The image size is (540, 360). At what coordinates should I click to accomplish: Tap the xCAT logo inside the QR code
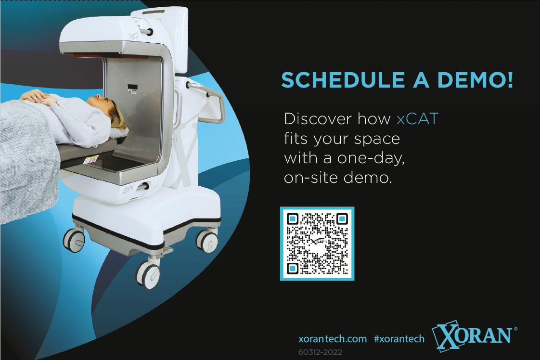click(x=318, y=243)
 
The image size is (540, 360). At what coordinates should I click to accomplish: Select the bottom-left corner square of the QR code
click(x=293, y=267)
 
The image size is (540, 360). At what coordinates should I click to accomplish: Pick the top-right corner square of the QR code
click(x=341, y=219)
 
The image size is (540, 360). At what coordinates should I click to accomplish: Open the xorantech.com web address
click(x=333, y=339)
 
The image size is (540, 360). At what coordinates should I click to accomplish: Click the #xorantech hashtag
click(x=399, y=339)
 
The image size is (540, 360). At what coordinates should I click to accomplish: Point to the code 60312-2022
click(x=320, y=352)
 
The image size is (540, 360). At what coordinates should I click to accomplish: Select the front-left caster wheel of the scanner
click(x=74, y=239)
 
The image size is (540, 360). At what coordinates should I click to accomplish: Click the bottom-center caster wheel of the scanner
click(x=148, y=275)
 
